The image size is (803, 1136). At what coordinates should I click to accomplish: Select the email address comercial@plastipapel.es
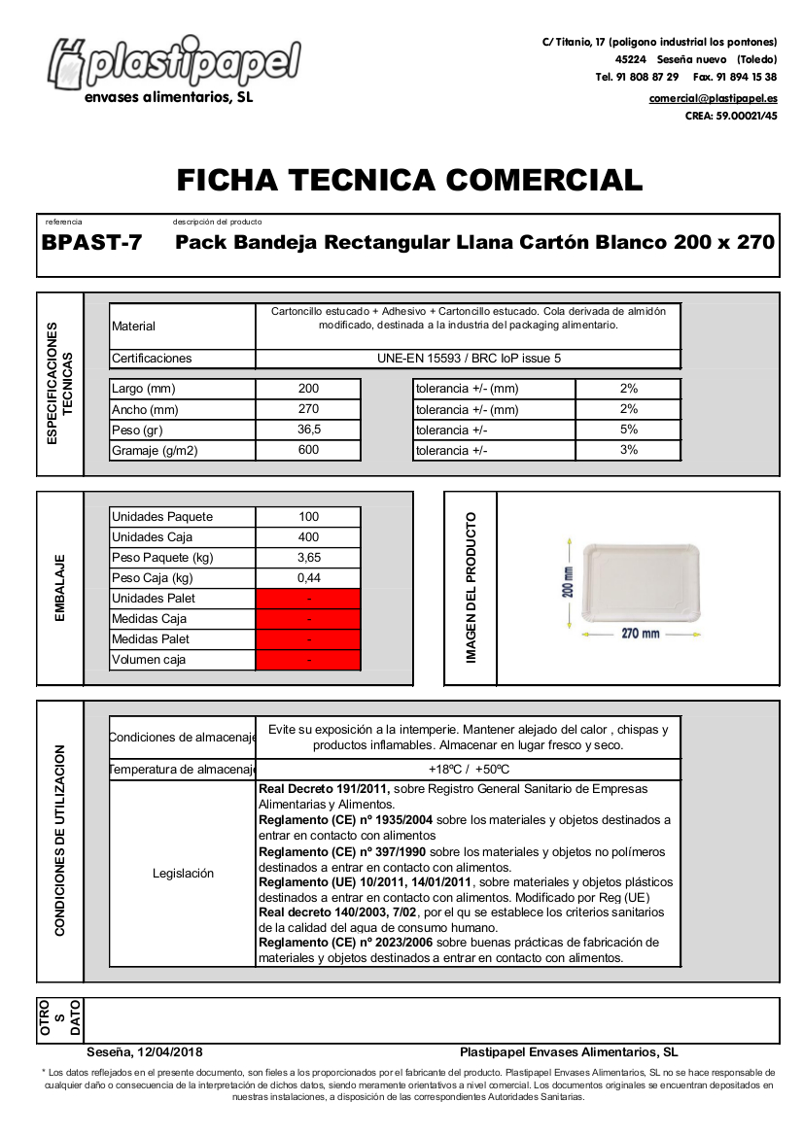(713, 98)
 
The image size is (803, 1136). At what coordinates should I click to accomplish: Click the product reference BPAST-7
(91, 243)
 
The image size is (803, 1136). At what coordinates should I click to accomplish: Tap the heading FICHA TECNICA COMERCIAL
(409, 181)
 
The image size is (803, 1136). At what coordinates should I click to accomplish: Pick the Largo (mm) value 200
(308, 389)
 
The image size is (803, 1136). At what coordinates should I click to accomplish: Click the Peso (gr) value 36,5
(308, 430)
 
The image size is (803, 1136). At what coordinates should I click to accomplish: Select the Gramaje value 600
(308, 450)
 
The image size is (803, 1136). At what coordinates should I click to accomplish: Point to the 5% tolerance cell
(628, 430)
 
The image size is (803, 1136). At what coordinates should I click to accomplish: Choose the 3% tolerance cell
(628, 450)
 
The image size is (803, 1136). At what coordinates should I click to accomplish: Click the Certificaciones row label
(153, 359)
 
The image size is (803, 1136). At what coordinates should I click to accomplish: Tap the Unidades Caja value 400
(308, 537)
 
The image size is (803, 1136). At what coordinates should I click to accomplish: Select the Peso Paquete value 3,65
(308, 558)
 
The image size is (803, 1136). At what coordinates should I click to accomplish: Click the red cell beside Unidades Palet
(308, 599)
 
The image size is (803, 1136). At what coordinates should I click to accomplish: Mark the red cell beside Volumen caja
(308, 660)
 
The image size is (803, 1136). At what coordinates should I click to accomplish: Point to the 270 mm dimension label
(641, 634)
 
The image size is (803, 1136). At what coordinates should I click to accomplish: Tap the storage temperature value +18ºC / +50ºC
(469, 770)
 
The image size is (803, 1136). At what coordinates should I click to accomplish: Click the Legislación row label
(183, 874)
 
